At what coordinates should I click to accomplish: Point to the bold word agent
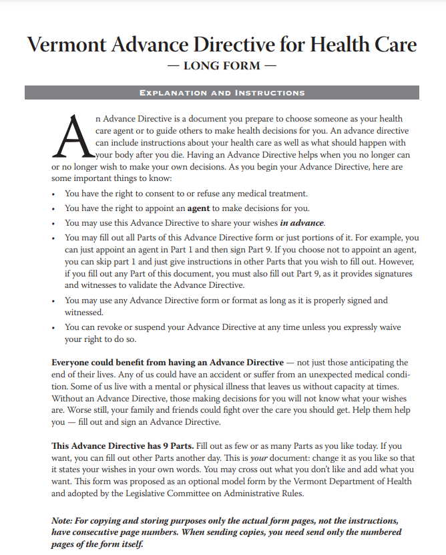pyautogui.click(x=199, y=208)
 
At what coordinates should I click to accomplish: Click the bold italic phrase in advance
pyautogui.click(x=302, y=222)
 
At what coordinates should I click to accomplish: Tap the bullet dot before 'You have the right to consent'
pyautogui.click(x=53, y=194)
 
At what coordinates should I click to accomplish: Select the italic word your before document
pyautogui.click(x=258, y=457)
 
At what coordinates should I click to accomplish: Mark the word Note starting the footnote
pyautogui.click(x=62, y=520)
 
